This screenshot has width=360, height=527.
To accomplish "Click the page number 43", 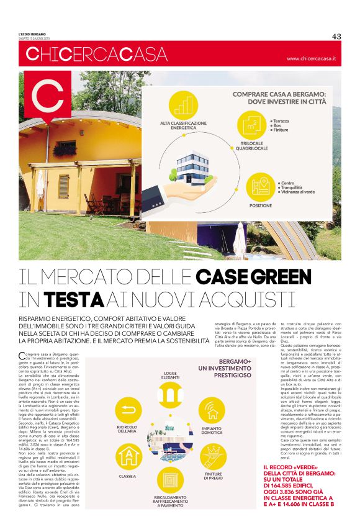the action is (337, 36).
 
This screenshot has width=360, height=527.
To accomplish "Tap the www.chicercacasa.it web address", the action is (311, 58).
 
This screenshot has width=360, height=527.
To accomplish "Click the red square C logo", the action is (47, 97).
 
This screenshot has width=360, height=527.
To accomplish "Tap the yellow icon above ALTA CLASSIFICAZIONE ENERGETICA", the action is (182, 106).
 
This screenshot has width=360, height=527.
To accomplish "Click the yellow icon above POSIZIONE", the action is (261, 186).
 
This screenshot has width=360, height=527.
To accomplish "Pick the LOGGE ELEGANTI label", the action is (170, 376).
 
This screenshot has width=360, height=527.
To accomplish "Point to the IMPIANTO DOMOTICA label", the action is (212, 430).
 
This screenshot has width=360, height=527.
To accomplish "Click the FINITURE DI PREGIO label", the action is (214, 475).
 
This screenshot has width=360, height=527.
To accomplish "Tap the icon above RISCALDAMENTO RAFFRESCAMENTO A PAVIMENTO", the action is (169, 482).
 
